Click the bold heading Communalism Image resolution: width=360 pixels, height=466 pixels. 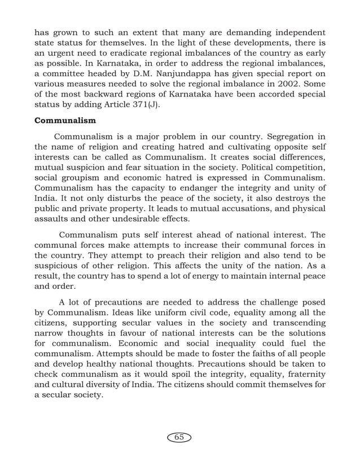[64, 120]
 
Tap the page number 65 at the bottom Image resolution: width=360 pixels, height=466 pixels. [179, 437]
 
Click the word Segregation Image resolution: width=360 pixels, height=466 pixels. [281, 138]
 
